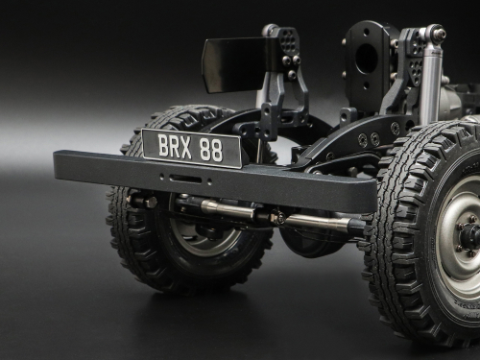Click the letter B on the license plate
pyautogui.click(x=163, y=145)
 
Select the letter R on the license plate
pyautogui.click(x=175, y=146)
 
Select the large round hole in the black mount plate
pyautogui.click(x=367, y=60)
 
